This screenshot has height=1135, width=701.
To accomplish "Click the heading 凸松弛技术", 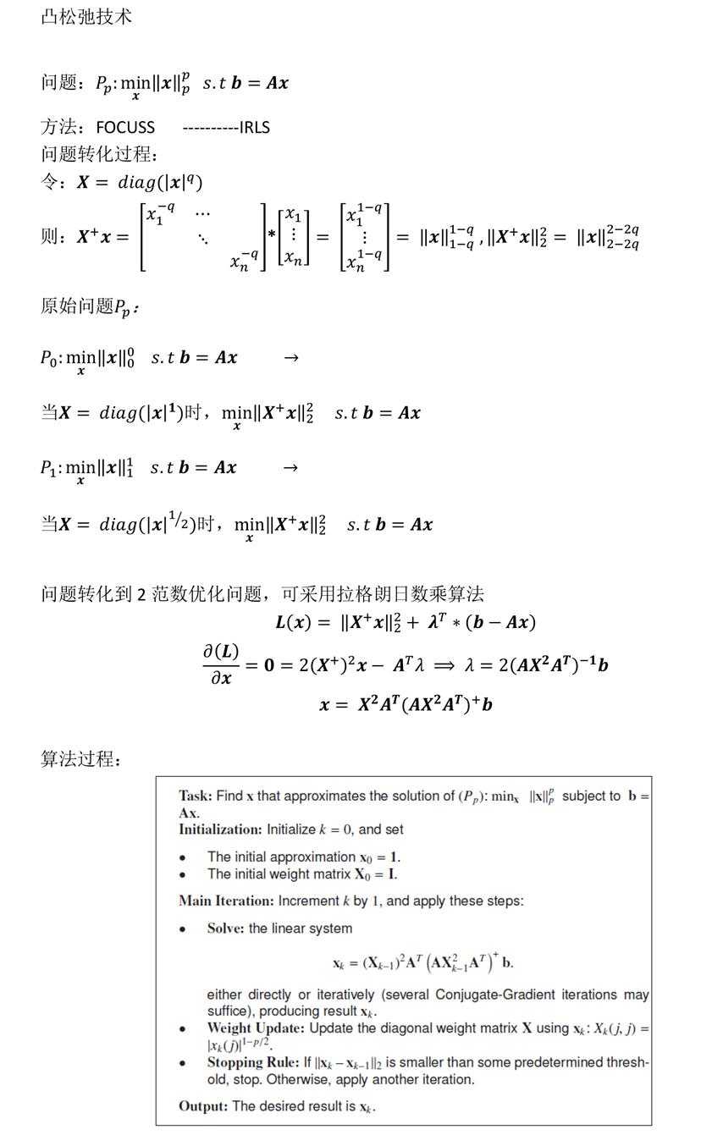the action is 86,17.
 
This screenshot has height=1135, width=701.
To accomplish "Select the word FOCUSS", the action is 125,128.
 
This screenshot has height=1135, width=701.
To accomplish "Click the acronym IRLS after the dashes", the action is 255,128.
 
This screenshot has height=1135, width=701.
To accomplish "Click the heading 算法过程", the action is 80,759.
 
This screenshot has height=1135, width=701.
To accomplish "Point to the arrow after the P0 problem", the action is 291,358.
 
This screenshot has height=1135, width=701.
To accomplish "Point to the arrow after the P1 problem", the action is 290,468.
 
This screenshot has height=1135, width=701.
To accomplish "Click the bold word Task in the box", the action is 195,796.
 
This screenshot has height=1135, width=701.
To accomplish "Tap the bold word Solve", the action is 226,928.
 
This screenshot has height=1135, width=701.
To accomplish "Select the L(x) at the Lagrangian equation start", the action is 293,623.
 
